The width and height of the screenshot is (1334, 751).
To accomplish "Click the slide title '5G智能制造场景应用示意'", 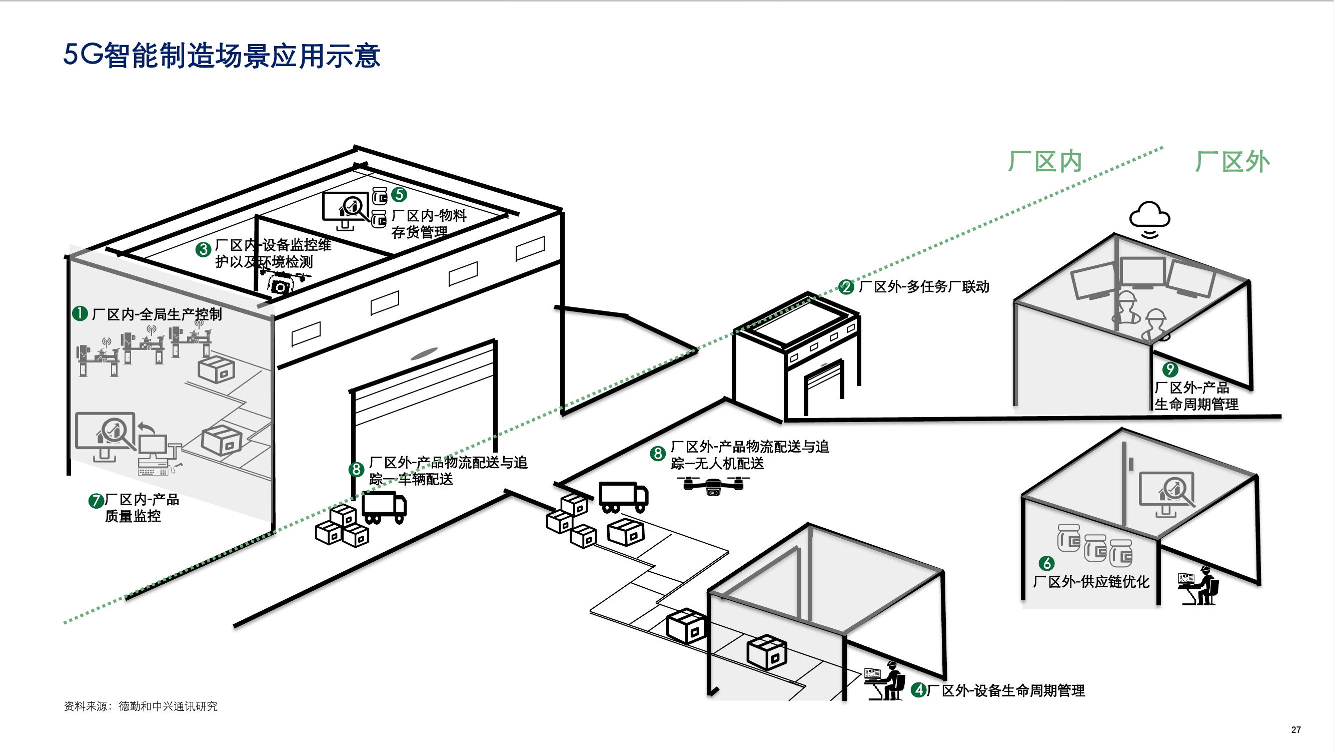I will pyautogui.click(x=222, y=56).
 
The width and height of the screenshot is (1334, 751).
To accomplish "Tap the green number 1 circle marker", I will pyautogui.click(x=80, y=313).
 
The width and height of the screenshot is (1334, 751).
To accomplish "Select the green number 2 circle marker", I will pyautogui.click(x=846, y=287).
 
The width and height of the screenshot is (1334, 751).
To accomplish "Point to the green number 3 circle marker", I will pyautogui.click(x=203, y=250).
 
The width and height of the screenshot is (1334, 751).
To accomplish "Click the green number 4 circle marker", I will pyautogui.click(x=919, y=690).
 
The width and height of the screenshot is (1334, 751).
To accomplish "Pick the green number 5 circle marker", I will pyautogui.click(x=399, y=194).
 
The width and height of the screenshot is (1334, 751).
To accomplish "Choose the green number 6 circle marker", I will pyautogui.click(x=1046, y=563).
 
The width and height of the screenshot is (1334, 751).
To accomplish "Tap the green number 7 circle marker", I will pyautogui.click(x=96, y=501).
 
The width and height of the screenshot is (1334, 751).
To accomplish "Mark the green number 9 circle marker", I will pyautogui.click(x=1170, y=369).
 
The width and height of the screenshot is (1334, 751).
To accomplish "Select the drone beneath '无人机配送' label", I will pyautogui.click(x=714, y=486).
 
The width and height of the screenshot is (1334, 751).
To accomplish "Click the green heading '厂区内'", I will pyautogui.click(x=1045, y=162).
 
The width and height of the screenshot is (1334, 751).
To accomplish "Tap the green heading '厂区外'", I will pyautogui.click(x=1232, y=162).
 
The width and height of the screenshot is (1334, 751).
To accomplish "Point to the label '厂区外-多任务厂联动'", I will pyautogui.click(x=924, y=286).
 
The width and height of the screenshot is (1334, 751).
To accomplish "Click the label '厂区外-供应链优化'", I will pyautogui.click(x=1091, y=581).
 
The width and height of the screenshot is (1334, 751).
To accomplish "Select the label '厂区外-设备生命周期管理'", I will pyautogui.click(x=1006, y=690).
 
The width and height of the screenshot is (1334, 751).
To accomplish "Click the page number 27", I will pyautogui.click(x=1295, y=730).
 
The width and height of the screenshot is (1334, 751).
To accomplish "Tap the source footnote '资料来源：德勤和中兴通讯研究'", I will pyautogui.click(x=141, y=706).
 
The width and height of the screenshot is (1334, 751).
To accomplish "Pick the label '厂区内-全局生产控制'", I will pyautogui.click(x=157, y=314).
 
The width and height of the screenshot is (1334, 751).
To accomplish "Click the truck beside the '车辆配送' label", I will pyautogui.click(x=384, y=507).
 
